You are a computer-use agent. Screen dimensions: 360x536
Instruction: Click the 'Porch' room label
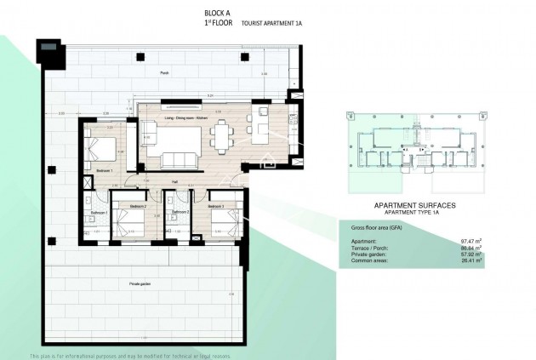pos(164,74)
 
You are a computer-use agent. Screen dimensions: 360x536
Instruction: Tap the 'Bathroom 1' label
pos(99,212)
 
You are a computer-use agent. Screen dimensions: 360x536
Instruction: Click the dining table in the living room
pos(223,133)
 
